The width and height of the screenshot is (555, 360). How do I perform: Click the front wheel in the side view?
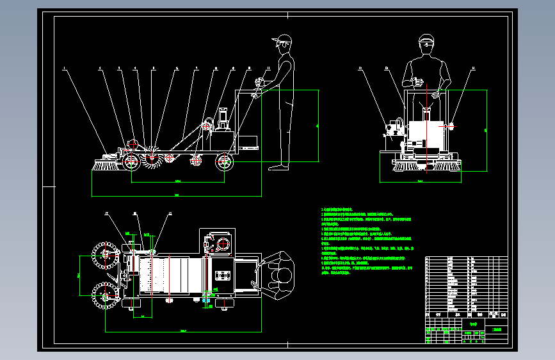tap(131, 163)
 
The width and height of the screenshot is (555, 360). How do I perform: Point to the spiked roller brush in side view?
tap(152, 160)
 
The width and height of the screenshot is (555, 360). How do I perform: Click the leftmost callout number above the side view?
tap(64, 67)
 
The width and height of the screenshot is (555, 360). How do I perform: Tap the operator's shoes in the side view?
tap(278, 167)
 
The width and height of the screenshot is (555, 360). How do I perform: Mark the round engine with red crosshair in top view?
tap(223, 243)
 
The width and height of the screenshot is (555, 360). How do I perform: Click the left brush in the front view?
tap(403, 166)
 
